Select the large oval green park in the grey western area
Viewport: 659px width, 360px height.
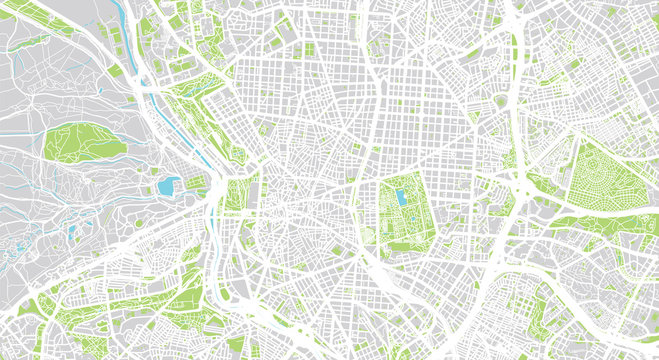[85, 144]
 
